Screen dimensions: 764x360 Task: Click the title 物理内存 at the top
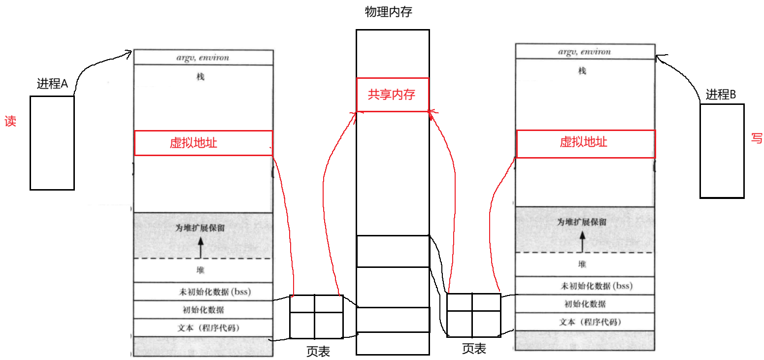pos(388,12)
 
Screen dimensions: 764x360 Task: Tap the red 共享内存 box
pos(392,95)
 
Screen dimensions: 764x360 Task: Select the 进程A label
pos(52,84)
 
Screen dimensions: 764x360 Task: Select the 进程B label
pos(720,95)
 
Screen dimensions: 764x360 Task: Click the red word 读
pos(10,122)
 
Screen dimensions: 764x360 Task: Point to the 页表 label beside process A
pos(318,351)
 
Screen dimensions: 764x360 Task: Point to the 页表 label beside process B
pos(474,349)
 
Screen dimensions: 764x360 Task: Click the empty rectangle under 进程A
pos(52,143)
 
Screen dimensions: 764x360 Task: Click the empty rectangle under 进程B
pos(722,151)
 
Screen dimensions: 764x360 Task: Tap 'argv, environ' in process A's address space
pos(203,58)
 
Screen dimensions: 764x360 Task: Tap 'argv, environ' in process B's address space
pos(584,52)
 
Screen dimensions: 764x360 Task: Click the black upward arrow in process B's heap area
pos(582,241)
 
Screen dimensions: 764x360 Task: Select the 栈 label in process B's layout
pos(582,71)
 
